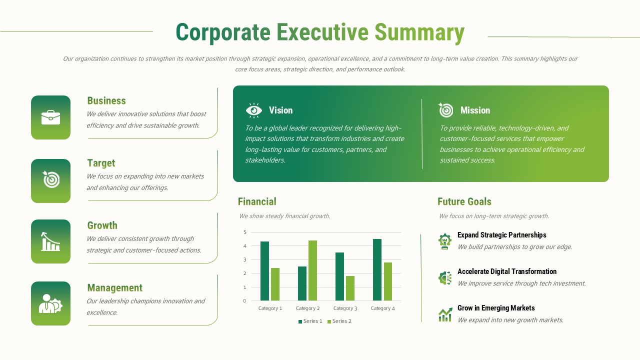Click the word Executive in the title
point(322,32)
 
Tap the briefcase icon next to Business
point(50,117)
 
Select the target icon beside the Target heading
point(50,179)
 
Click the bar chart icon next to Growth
point(50,241)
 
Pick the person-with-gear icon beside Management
point(50,303)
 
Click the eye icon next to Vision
point(254,110)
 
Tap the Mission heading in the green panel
point(475,110)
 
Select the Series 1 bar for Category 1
point(264,271)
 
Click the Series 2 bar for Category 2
point(312,270)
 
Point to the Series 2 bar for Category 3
point(350,288)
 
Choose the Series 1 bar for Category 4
point(377,269)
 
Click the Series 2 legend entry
point(339,321)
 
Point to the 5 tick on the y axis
point(245,232)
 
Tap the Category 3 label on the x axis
point(345,308)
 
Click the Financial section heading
point(257,201)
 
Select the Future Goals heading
point(464,201)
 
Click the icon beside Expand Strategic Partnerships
point(444,241)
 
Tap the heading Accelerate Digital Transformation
point(506,271)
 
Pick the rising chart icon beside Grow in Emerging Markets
point(444,314)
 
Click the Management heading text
point(114,288)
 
